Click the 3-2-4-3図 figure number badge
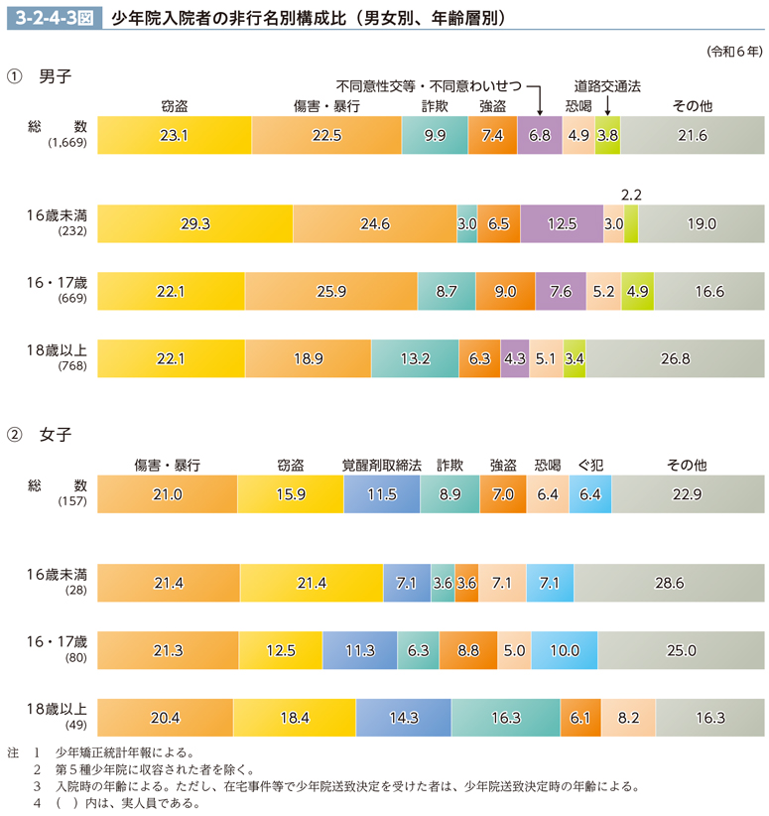pyautogui.click(x=50, y=18)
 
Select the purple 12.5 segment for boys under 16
pyautogui.click(x=561, y=224)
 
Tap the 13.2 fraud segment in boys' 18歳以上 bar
pyautogui.click(x=415, y=358)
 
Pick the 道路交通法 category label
pyautogui.click(x=607, y=85)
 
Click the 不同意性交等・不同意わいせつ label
pyautogui.click(x=429, y=85)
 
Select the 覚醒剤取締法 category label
pyautogui.click(x=382, y=465)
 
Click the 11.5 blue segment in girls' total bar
pyautogui.click(x=382, y=493)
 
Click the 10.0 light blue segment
pyautogui.click(x=564, y=650)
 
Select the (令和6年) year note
pyautogui.click(x=735, y=50)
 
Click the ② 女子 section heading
pyautogui.click(x=40, y=434)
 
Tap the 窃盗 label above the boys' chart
pyautogui.click(x=175, y=106)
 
